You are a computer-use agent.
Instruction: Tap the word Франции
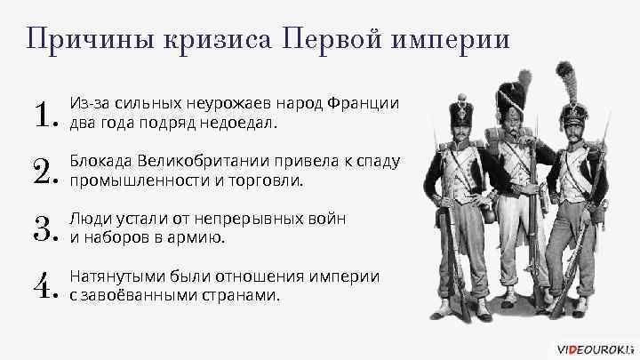tap(362, 105)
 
